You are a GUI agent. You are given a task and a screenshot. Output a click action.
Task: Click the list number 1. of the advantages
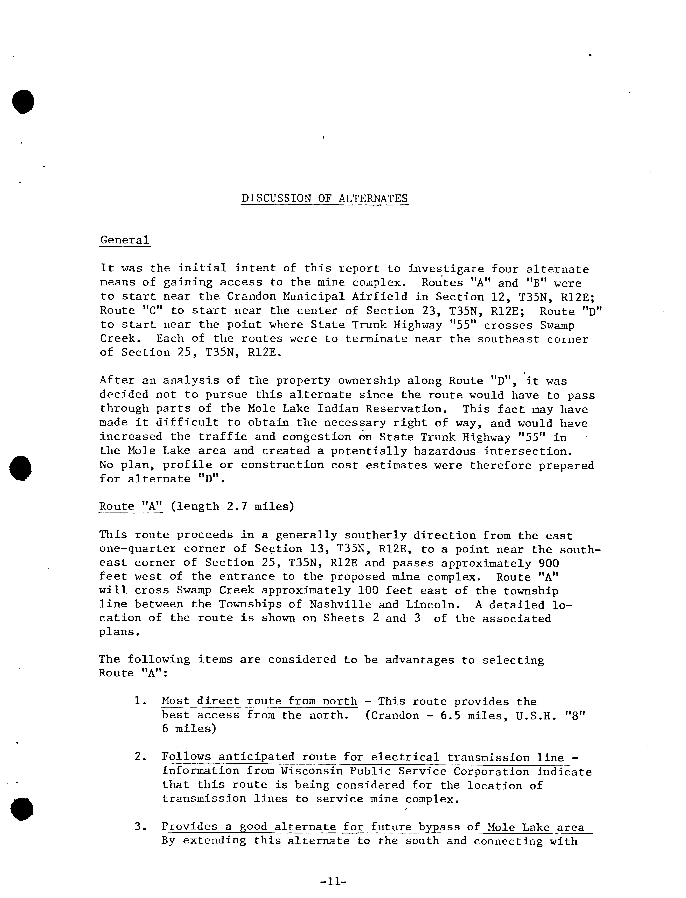click(x=140, y=701)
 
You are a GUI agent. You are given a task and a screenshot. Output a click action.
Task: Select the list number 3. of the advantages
click(x=140, y=827)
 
